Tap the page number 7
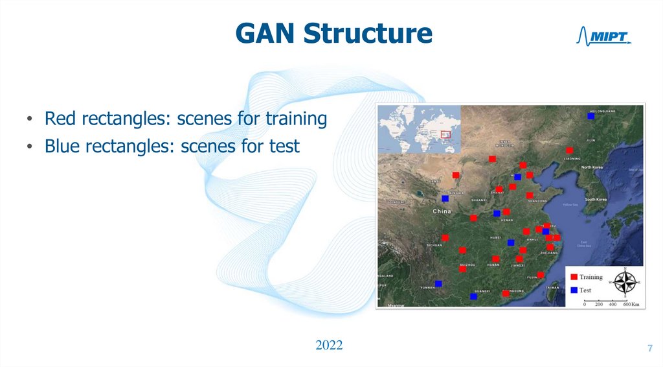649,349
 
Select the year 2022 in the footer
329,344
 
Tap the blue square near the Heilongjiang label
590,116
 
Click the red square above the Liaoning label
569,150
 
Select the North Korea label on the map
592,167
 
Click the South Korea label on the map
599,199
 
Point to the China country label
442,211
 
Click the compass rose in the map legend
625,283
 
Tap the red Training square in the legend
573,277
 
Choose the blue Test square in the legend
573,290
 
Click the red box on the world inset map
445,134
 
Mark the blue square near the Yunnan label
438,283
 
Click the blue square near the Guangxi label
473,296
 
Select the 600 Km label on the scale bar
631,304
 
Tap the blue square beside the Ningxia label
445,198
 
